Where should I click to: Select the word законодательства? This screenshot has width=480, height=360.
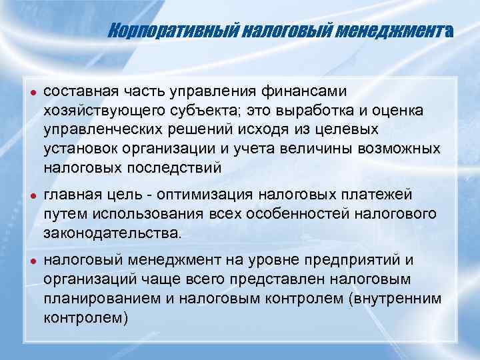pos(111,233)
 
